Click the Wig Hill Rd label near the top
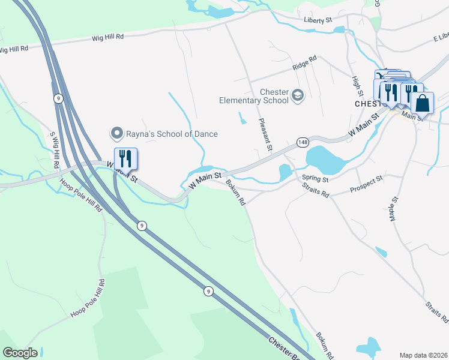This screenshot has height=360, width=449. [x=107, y=37]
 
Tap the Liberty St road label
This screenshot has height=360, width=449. [x=318, y=20]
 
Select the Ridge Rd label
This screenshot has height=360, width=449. [x=304, y=62]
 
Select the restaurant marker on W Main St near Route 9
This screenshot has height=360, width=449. [x=125, y=159]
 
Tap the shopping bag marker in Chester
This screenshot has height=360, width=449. [x=422, y=103]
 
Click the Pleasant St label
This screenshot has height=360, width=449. [x=266, y=134]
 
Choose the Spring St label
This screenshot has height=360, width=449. [x=315, y=179]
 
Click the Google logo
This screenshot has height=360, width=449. [x=20, y=353]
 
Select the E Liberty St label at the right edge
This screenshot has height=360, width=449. [x=440, y=38]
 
